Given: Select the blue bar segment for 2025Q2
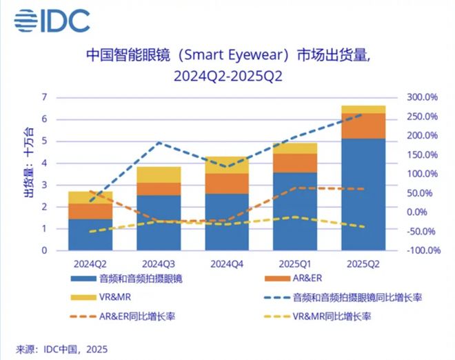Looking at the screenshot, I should [x=363, y=194].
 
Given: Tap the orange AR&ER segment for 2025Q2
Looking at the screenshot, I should [x=363, y=126].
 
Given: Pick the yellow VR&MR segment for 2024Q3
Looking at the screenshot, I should [x=159, y=174].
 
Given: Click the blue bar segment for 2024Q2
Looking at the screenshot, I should [x=90, y=234].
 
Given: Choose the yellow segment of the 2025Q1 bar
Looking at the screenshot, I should [x=294, y=148].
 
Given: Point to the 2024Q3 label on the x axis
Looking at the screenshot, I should [x=159, y=264].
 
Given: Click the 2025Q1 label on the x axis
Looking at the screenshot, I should [x=294, y=264].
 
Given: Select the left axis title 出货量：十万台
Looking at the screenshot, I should [x=28, y=163].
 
